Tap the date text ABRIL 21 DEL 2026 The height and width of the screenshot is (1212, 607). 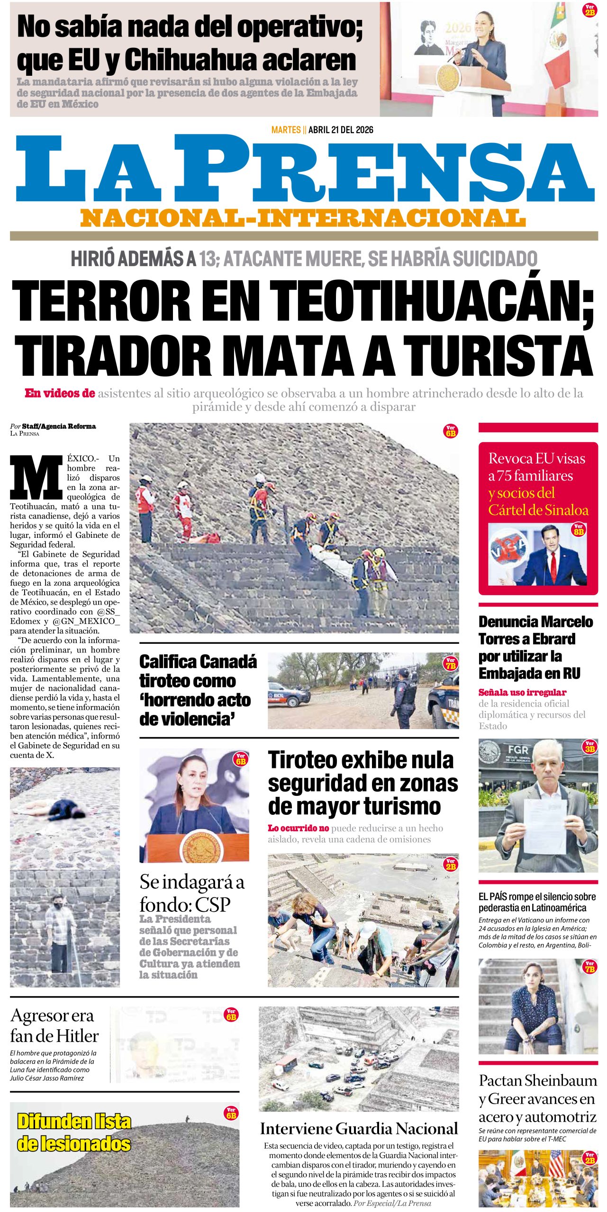pyautogui.click(x=341, y=130)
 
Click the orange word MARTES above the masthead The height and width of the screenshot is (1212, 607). pyautogui.click(x=286, y=130)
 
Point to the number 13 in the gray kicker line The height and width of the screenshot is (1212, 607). pyautogui.click(x=207, y=259)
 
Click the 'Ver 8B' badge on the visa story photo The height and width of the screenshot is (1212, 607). pyautogui.click(x=579, y=529)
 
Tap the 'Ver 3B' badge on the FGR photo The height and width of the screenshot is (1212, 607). pyautogui.click(x=589, y=746)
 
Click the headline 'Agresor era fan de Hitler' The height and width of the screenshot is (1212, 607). pyautogui.click(x=54, y=1025)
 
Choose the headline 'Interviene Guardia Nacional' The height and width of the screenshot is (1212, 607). pyautogui.click(x=359, y=1129)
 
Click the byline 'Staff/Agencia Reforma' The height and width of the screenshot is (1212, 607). pyautogui.click(x=59, y=426)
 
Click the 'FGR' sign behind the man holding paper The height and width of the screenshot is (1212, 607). pyautogui.click(x=517, y=750)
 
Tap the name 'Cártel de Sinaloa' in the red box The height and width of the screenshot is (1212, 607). pyautogui.click(x=538, y=510)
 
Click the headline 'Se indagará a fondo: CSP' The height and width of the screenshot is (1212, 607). pyautogui.click(x=192, y=893)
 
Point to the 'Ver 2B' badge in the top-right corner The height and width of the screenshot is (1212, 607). pyautogui.click(x=589, y=10)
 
